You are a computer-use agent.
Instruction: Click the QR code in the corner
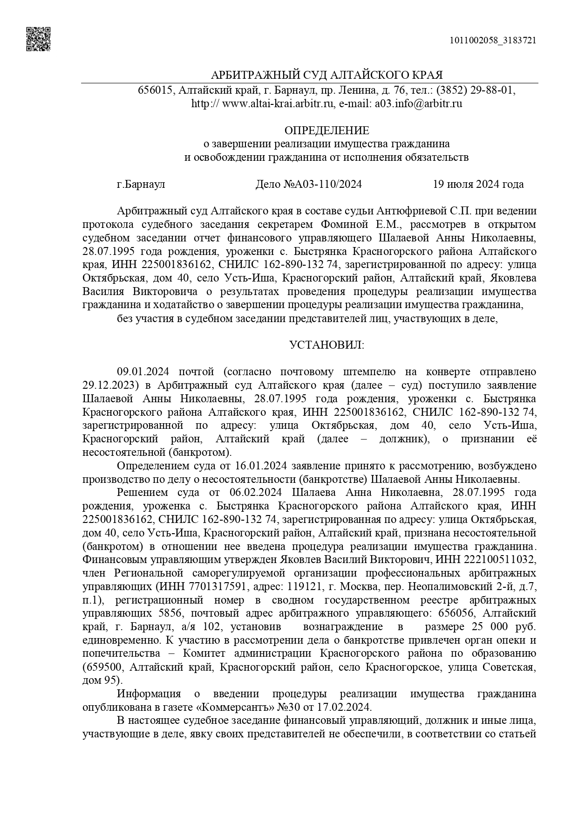(38, 39)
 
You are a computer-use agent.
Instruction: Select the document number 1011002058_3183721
(493, 40)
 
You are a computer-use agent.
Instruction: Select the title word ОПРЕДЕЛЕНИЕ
(326, 131)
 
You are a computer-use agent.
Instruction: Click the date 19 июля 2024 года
(478, 184)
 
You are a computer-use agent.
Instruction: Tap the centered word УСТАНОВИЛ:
(326, 345)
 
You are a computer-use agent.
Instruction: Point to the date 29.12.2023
(108, 385)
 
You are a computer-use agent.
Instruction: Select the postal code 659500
(102, 667)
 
